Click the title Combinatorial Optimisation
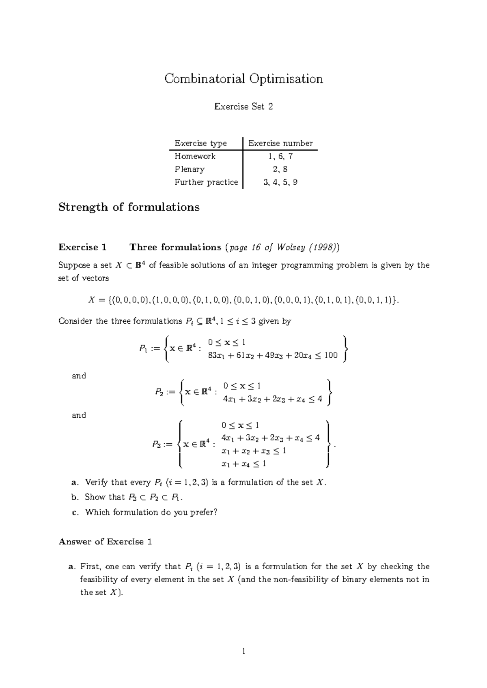(x=243, y=79)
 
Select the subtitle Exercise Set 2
(x=243, y=107)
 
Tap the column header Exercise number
(x=280, y=143)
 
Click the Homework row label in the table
(x=195, y=156)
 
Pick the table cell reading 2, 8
(x=280, y=169)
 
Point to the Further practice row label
(x=206, y=182)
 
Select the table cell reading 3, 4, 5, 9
(x=280, y=182)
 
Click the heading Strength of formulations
(x=129, y=207)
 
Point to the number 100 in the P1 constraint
(x=331, y=355)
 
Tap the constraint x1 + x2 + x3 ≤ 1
(x=254, y=451)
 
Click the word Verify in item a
(x=97, y=482)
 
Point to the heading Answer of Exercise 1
(x=106, y=541)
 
